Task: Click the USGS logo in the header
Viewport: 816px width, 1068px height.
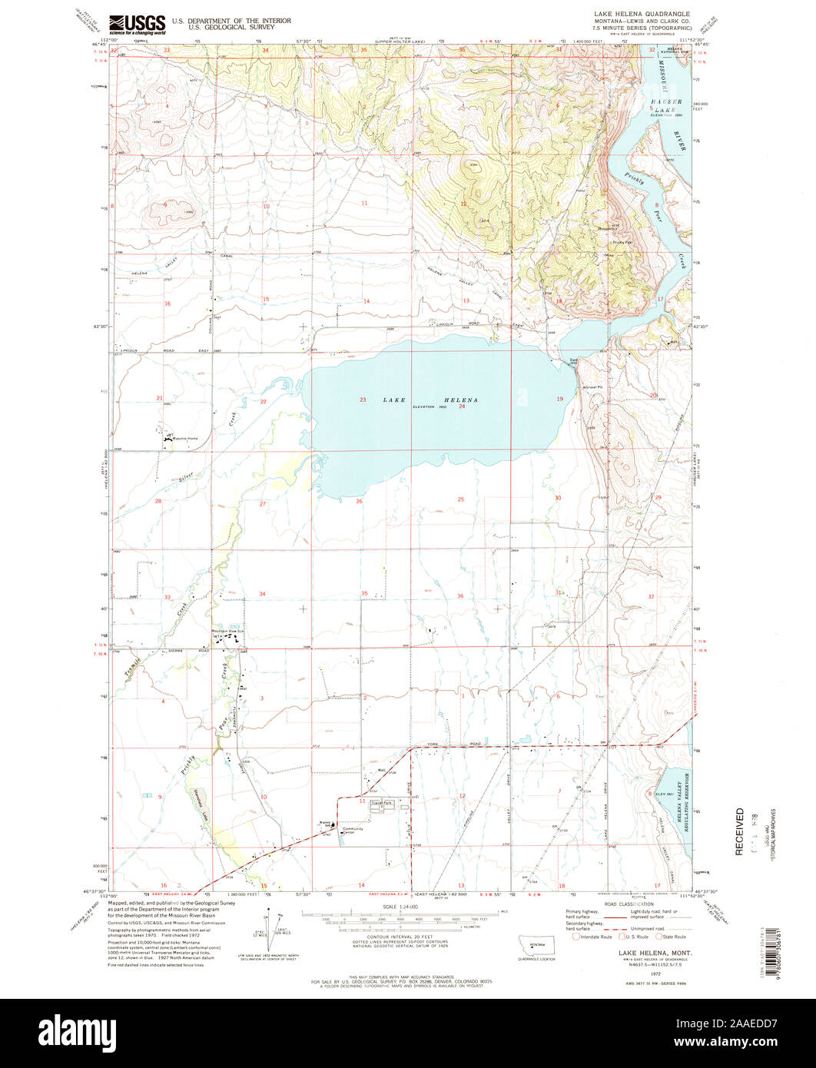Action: pos(138,25)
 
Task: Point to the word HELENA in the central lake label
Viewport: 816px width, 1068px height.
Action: pos(459,400)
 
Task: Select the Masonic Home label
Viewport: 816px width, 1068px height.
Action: pos(185,439)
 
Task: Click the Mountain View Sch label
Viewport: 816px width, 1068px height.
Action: pos(228,631)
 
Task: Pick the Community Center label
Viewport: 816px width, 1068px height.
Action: pos(353,831)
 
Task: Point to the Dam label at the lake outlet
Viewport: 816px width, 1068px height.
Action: pos(572,359)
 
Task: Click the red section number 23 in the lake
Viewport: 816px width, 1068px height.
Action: pos(363,400)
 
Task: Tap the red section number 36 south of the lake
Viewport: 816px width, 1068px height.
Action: pos(460,596)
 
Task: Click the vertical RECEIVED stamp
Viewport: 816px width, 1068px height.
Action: pos(739,831)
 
